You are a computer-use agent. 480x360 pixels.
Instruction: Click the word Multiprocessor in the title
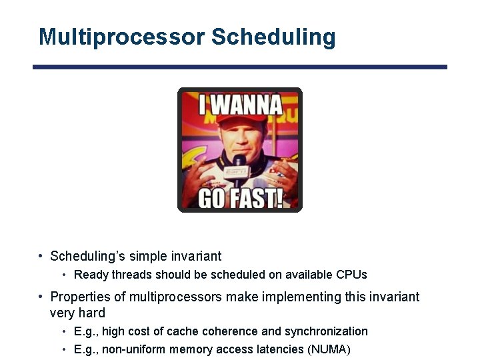(121, 37)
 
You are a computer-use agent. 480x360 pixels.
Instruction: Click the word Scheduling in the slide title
(273, 37)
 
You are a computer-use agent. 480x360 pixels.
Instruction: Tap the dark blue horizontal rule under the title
(240, 67)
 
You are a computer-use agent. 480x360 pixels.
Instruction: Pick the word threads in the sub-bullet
(128, 275)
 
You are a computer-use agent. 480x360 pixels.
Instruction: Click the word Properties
(80, 297)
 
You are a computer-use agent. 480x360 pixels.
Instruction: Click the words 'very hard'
(77, 313)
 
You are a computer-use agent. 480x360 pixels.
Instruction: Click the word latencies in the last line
(283, 349)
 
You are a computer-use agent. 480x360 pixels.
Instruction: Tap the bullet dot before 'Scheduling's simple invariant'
(41, 256)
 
